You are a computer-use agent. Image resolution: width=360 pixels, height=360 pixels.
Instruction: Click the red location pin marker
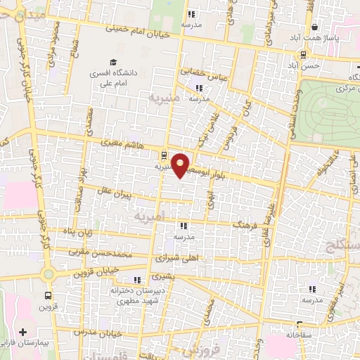click(181, 165)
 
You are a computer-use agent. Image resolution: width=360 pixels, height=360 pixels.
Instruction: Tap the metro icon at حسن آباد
click(303, 54)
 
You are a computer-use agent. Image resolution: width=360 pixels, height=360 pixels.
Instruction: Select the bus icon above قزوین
click(48, 296)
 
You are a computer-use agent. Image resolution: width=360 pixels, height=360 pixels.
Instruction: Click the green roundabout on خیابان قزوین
click(48, 274)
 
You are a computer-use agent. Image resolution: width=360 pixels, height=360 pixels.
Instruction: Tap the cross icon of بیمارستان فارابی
click(23, 331)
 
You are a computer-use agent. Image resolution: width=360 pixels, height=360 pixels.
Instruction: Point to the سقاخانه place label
click(299, 335)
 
